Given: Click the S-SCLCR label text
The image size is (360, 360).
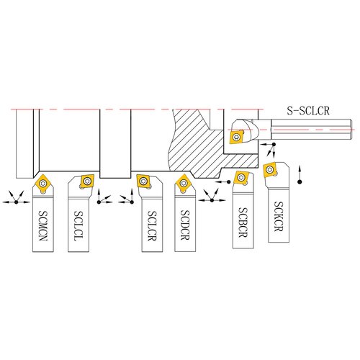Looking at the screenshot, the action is pos(308,111).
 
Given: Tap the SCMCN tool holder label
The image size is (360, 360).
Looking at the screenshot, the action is pos(43,225).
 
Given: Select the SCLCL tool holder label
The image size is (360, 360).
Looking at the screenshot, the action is pos(78,226).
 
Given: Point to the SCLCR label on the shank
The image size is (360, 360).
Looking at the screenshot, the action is pos(152,226).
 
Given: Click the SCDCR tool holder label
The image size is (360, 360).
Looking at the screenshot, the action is pos(185,225).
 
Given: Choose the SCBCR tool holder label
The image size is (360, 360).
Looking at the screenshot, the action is pos(243,222).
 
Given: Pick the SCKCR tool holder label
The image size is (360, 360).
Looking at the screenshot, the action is pos(279,216).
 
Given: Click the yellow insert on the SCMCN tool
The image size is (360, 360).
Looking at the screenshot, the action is pos(43,184).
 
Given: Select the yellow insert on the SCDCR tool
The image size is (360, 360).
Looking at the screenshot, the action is pos(184,184).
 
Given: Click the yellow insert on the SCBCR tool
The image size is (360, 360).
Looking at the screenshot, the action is pos(241,178).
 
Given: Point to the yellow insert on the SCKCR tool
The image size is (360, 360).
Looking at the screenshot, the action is pos(270,170).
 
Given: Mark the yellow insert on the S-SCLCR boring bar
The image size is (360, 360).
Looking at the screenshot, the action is pos(237,137).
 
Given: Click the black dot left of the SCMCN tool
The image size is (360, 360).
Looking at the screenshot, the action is pos(17,202).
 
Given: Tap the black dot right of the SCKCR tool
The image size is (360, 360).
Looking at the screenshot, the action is pos(300,182).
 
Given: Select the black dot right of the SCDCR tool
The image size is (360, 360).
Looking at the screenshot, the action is pos(212,200).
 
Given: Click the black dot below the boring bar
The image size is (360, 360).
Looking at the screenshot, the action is pos(274,144).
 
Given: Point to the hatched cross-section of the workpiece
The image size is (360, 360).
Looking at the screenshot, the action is pos(202,149).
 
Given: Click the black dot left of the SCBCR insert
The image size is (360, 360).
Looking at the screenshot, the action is pos(228,182).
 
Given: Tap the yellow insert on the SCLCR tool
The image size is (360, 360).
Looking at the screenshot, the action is pos(144,181).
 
